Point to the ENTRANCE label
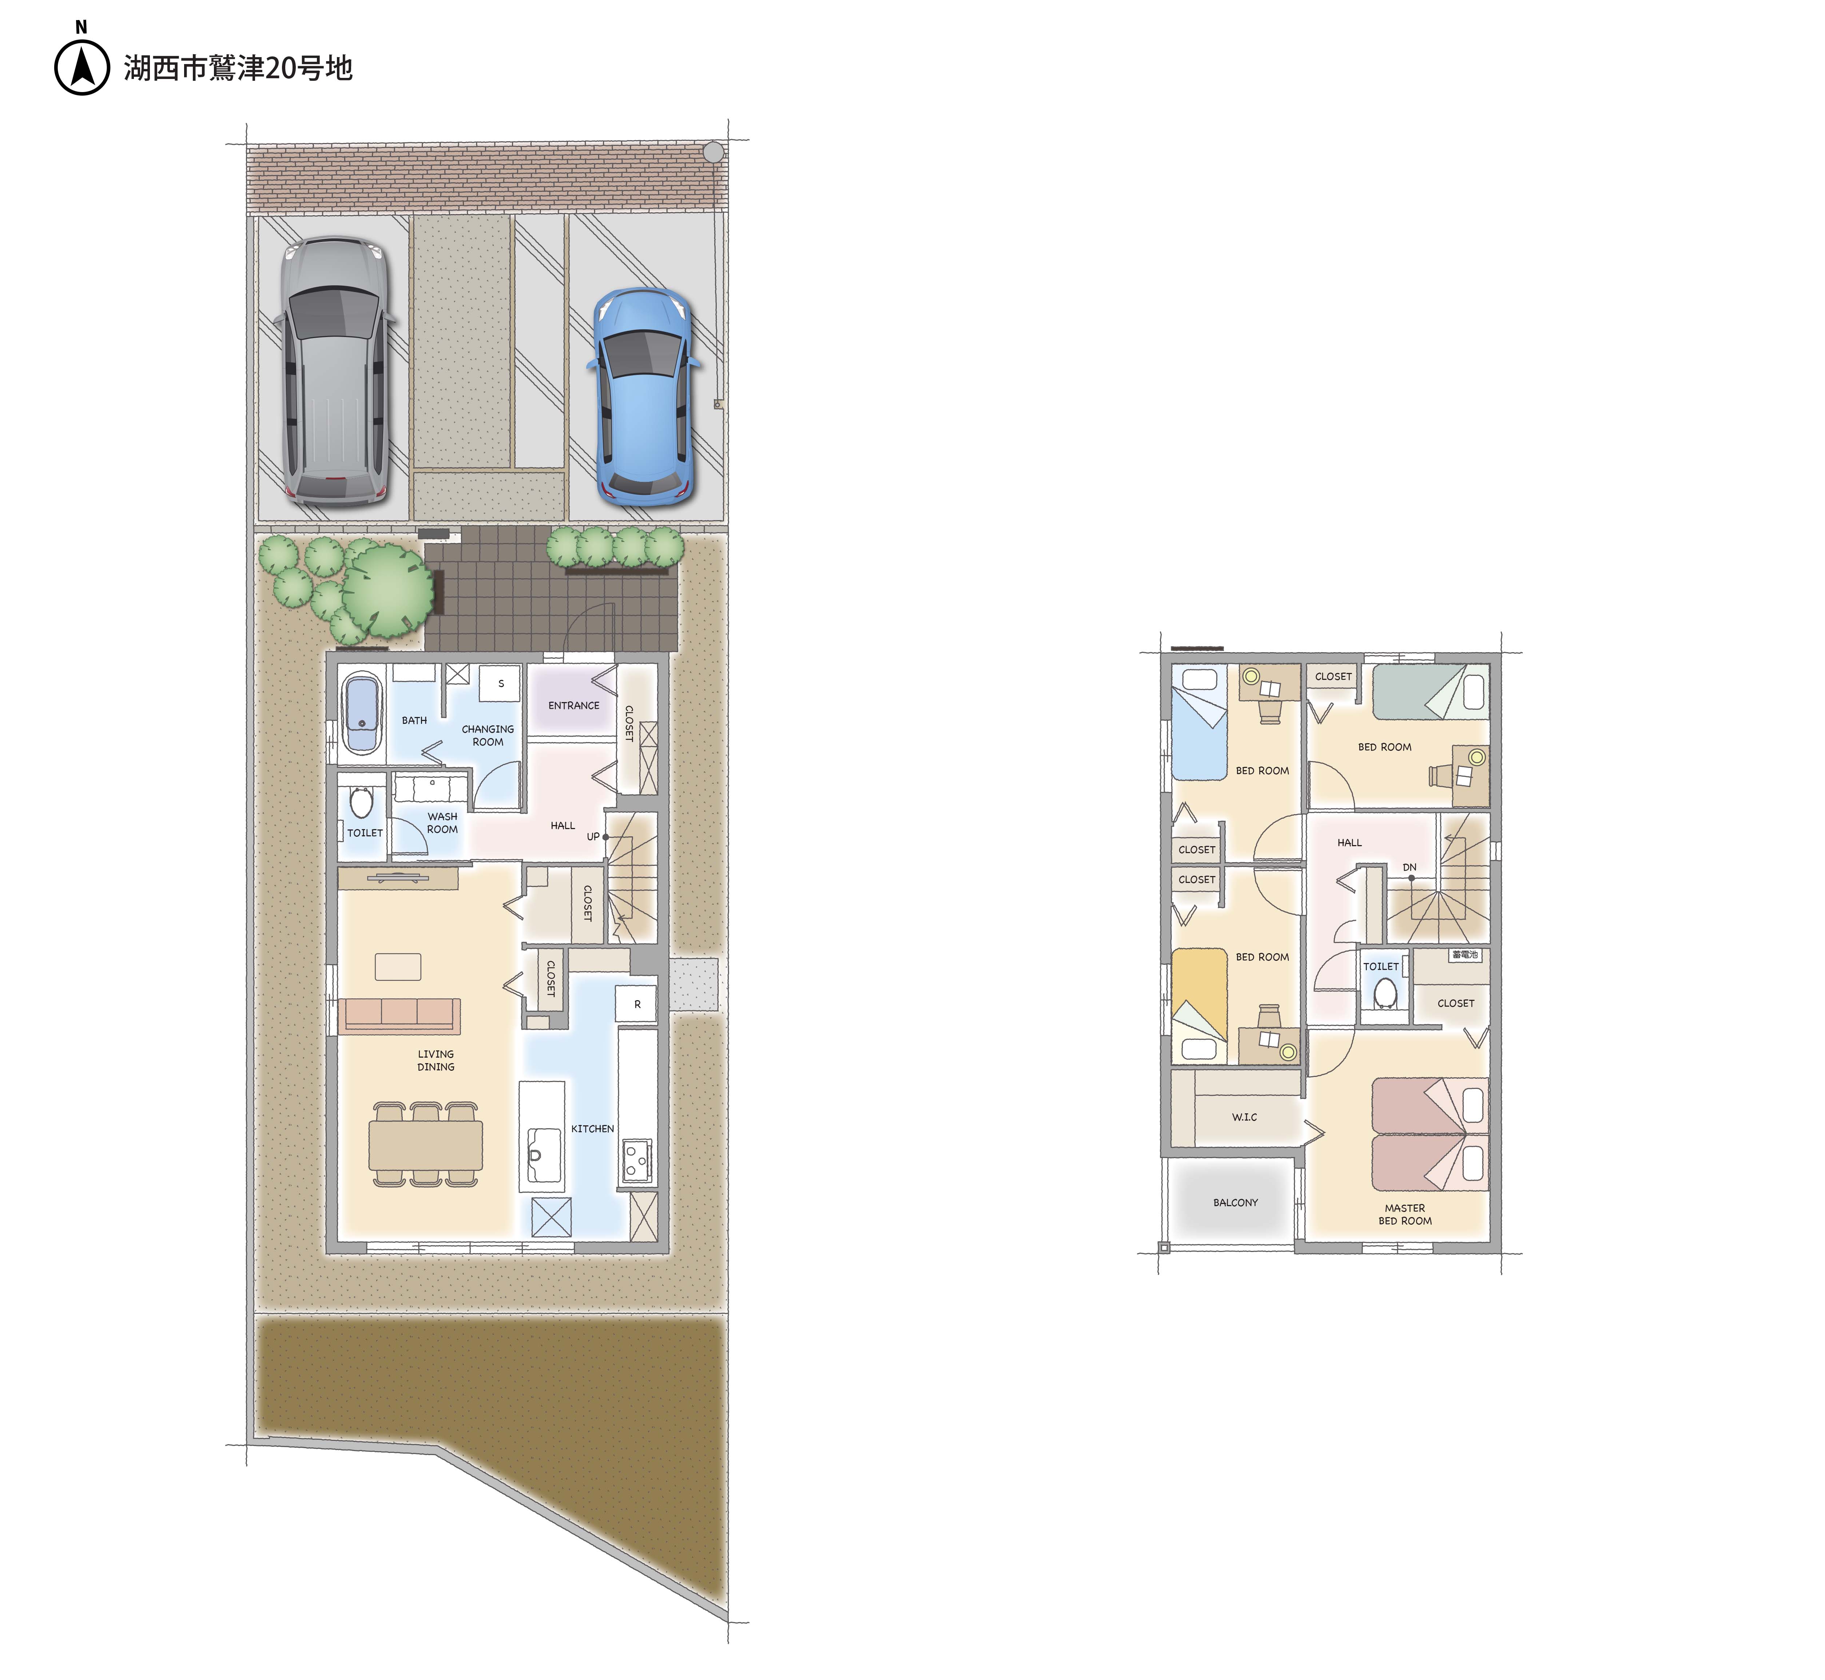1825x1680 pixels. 573,705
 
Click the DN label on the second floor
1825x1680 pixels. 1409,867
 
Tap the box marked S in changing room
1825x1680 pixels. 500,684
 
